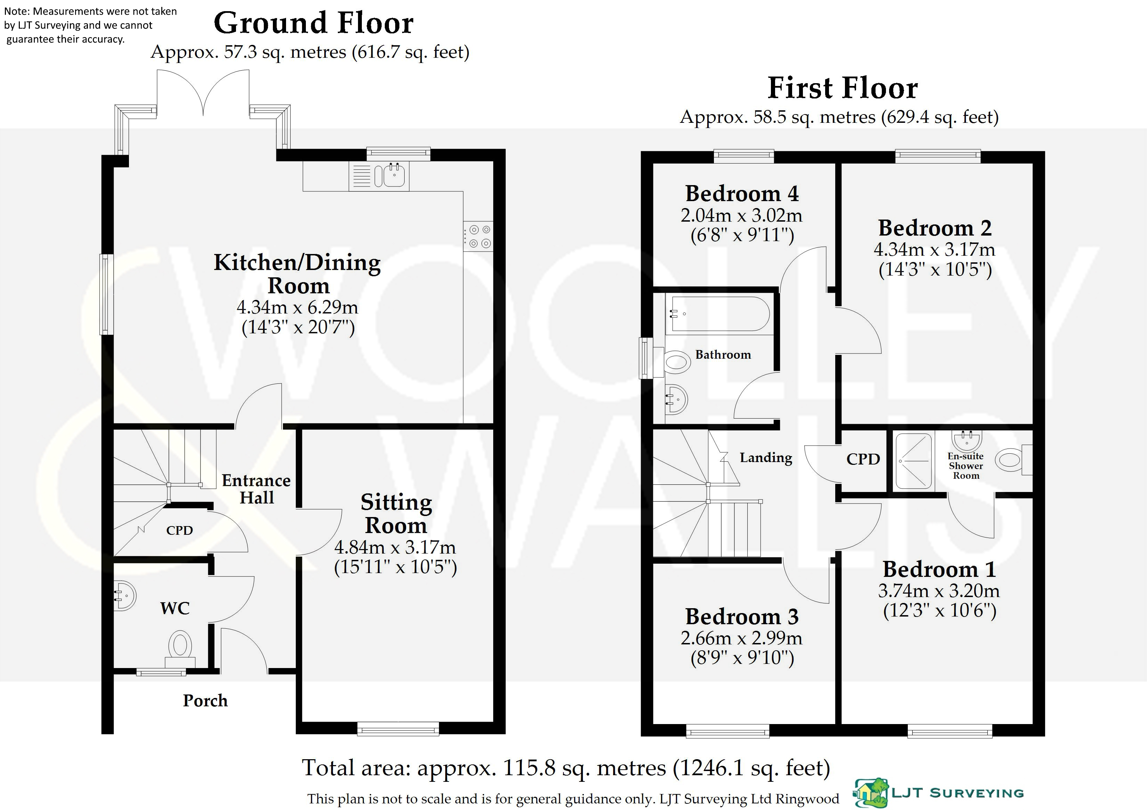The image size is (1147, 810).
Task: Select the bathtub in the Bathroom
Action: tap(719, 314)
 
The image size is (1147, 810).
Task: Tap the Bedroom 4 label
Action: tap(742, 193)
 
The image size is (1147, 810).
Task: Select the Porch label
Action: tap(205, 700)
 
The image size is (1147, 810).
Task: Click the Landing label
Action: tap(766, 458)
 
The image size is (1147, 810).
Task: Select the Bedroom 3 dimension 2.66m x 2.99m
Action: tap(741, 638)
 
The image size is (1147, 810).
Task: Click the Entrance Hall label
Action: tap(256, 489)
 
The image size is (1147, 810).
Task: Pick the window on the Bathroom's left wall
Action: tap(646, 358)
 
